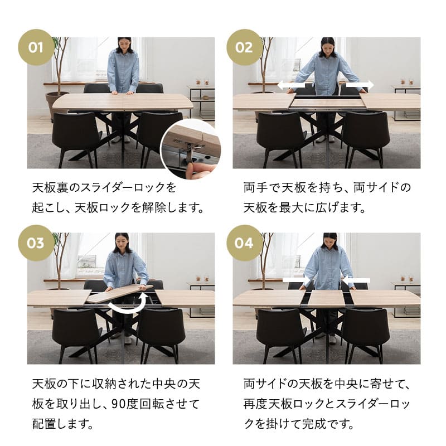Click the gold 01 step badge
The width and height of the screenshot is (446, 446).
tap(36, 47)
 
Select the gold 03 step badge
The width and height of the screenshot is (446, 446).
tap(36, 243)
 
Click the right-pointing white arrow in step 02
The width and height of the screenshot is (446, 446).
tap(360, 86)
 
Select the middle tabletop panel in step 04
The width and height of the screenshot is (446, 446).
tap(326, 298)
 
